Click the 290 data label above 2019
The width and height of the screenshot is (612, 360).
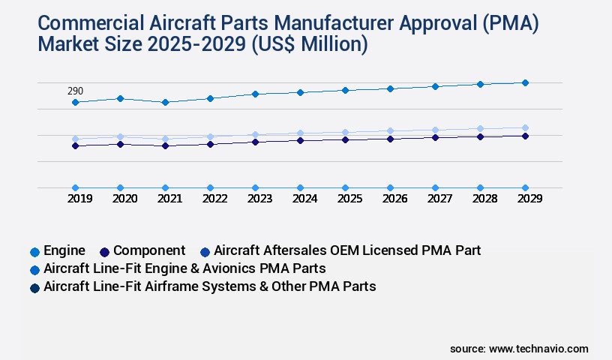[x=75, y=91]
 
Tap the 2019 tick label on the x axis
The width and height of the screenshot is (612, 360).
[x=75, y=199]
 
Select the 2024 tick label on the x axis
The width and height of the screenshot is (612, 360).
[x=300, y=199]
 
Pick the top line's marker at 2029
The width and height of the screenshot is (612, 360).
[x=525, y=82]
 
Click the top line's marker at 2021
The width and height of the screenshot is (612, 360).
[x=165, y=102]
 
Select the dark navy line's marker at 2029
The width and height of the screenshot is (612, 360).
[x=525, y=136]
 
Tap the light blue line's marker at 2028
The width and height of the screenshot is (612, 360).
[x=480, y=129]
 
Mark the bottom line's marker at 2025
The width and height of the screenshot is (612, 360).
[x=345, y=187]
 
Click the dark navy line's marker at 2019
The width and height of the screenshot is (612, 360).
[x=75, y=145]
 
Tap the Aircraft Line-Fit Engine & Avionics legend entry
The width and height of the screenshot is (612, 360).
[x=184, y=268]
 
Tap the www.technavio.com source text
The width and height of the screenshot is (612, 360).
[x=538, y=349]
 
